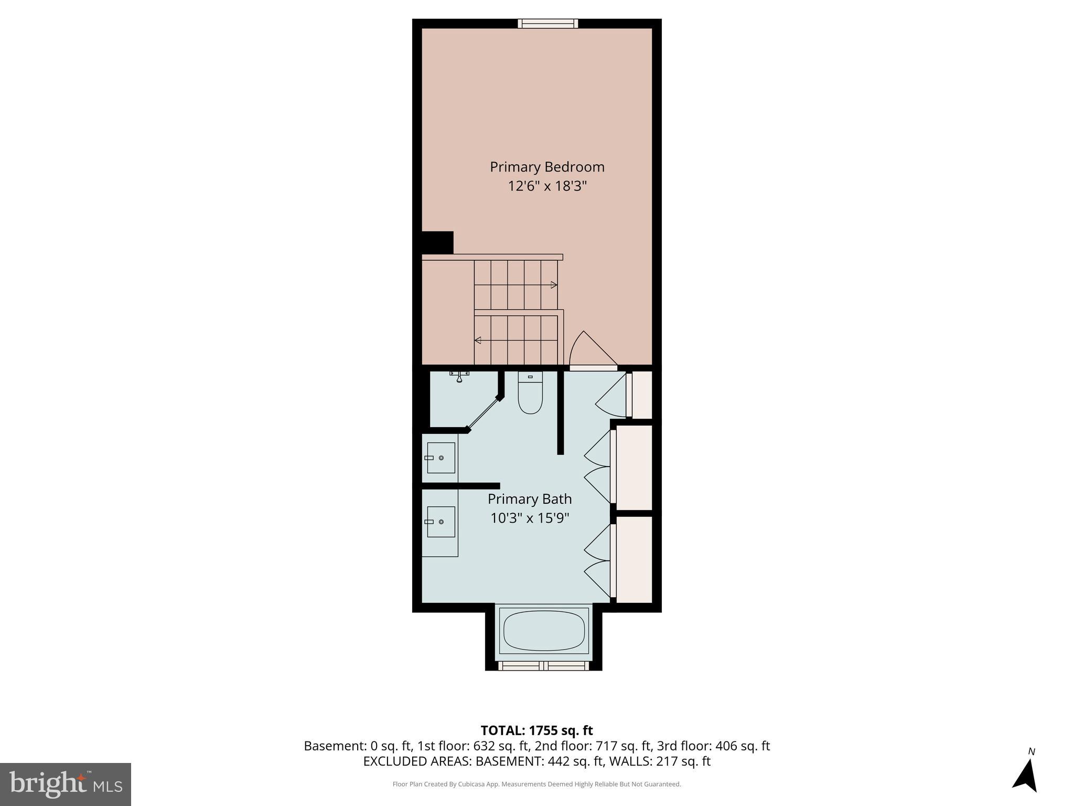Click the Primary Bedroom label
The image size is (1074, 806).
tap(547, 167)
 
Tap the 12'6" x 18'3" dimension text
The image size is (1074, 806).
tap(547, 186)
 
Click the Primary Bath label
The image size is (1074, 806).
tap(530, 499)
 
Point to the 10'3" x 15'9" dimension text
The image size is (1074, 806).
tap(530, 518)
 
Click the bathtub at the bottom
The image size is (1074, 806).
tap(544, 631)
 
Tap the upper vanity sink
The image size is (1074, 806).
tap(441, 458)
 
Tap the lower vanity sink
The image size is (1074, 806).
tap(441, 522)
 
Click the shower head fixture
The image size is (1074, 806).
tap(459, 376)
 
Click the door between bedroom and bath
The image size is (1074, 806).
tap(593, 351)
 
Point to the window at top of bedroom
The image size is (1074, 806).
tap(547, 23)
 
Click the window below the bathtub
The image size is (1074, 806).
tap(543, 666)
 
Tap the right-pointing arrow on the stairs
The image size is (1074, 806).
tap(554, 285)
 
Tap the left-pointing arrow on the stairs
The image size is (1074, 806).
tap(478, 341)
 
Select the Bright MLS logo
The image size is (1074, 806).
tap(66, 784)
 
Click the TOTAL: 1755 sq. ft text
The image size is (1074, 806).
tap(536, 730)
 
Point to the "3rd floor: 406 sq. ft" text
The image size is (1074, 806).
tap(713, 746)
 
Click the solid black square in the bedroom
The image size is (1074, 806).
tap(437, 243)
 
